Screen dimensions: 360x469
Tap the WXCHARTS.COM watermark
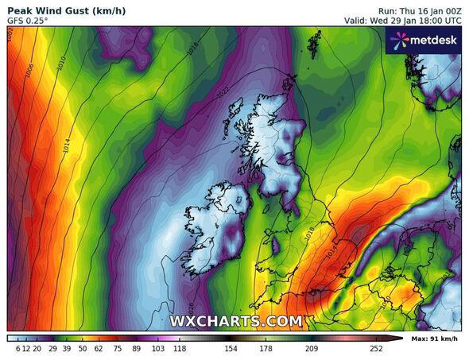(x=235, y=321)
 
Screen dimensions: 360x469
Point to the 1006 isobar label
(x=29, y=72)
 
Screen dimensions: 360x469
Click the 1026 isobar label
(x=189, y=307)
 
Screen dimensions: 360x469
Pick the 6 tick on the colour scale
(x=17, y=348)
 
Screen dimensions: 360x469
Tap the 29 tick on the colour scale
(x=52, y=348)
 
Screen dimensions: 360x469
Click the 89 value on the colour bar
(x=137, y=348)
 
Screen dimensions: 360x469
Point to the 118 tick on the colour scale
(x=180, y=348)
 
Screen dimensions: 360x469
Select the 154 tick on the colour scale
(x=231, y=348)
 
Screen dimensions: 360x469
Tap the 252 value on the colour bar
(x=375, y=348)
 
